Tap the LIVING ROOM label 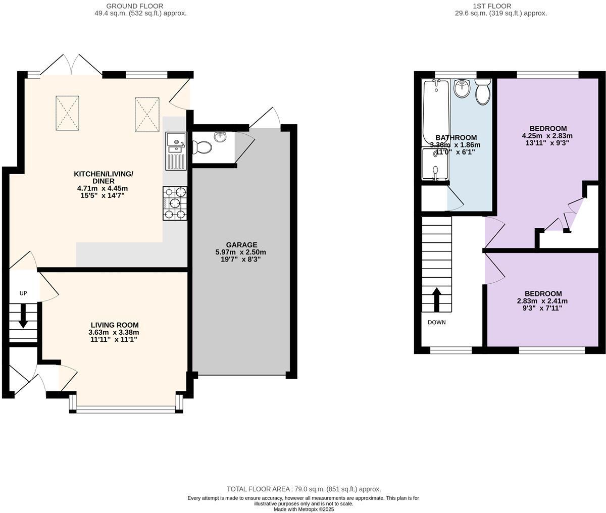point(115,325)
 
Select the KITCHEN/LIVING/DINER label point(104,177)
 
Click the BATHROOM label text point(456,138)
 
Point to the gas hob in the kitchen point(175,203)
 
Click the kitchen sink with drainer point(176,150)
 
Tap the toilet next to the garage point(203,147)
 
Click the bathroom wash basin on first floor point(462,89)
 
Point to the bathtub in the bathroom point(435,112)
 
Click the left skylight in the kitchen point(67,111)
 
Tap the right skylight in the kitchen point(147,114)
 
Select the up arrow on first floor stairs point(436,299)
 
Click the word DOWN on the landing point(436,322)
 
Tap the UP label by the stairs point(23,293)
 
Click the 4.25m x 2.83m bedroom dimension point(547,136)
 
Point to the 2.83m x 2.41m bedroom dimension point(543,301)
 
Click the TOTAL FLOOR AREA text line point(303,489)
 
